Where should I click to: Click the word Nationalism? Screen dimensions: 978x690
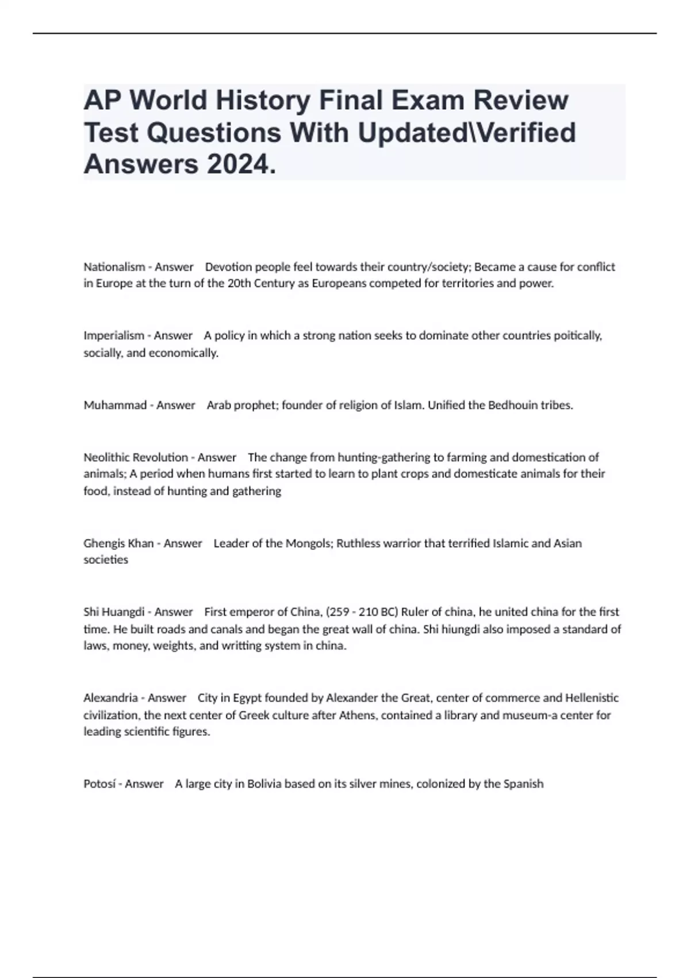pos(114,267)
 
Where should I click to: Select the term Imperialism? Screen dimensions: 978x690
pos(114,335)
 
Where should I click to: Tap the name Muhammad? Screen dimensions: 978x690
pos(115,405)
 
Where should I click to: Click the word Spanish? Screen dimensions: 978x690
pos(523,784)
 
